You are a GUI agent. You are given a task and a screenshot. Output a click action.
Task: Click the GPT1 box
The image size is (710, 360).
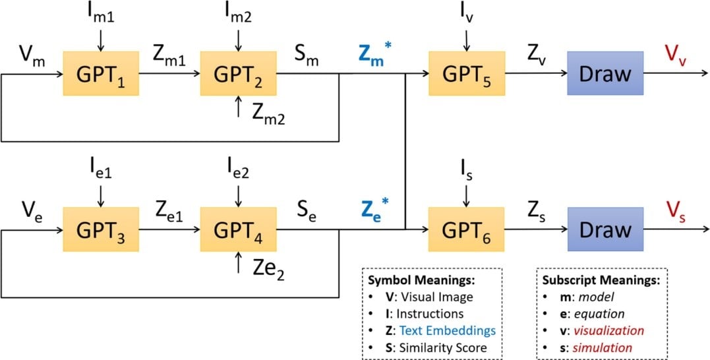[x=100, y=74]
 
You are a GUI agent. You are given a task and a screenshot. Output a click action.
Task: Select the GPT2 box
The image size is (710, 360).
[x=239, y=74]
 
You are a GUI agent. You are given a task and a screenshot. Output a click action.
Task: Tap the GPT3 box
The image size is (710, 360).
[x=100, y=231]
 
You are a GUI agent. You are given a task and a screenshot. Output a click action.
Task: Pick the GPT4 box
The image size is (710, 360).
[x=239, y=231]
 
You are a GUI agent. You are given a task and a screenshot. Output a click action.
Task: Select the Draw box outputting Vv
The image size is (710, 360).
[x=605, y=74]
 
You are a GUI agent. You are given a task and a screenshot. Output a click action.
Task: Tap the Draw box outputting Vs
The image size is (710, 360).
[x=605, y=231]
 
